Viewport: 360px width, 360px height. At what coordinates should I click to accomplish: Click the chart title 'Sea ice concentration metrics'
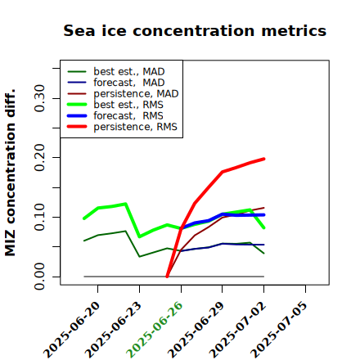195,30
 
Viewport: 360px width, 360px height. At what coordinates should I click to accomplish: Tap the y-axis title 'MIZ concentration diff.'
10,173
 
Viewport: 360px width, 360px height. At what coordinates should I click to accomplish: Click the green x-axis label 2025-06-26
155,330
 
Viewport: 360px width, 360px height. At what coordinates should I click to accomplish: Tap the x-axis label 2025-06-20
71,330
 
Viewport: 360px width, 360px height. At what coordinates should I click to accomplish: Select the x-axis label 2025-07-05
279,330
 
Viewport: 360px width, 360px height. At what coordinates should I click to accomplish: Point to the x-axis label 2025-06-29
196,330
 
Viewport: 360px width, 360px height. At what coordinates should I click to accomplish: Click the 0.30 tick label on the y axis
40,98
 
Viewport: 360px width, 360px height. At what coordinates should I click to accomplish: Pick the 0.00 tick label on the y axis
40,277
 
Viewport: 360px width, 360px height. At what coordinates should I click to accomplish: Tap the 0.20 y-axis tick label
40,158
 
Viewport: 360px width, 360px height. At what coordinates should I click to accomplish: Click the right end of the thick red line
264,159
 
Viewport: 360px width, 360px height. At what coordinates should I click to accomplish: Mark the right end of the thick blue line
264,215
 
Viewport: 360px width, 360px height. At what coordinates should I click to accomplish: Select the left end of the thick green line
83,218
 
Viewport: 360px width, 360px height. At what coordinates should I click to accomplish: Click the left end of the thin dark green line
83,241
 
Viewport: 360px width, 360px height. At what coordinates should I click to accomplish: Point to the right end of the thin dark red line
264,208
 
